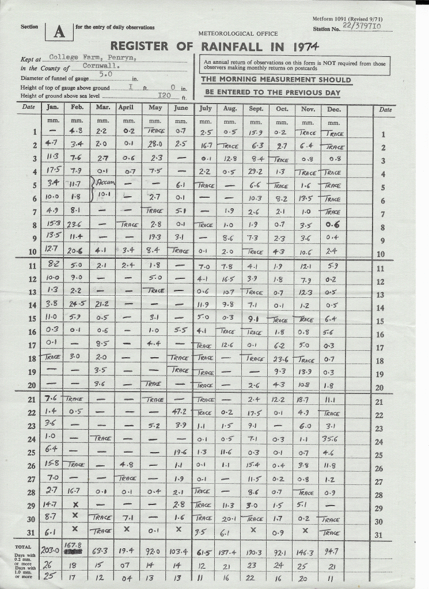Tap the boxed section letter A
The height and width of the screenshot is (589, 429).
point(59,32)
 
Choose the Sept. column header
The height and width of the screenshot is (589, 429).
point(256,108)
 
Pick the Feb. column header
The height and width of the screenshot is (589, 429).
point(77,108)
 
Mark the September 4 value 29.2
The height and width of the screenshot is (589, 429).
point(255,171)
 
